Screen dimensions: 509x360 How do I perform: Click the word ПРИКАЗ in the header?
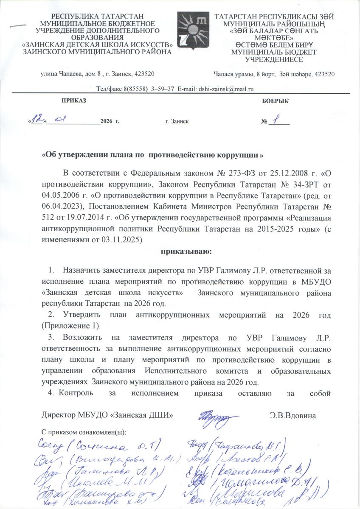point(73,101)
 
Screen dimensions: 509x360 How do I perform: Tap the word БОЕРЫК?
point(275,101)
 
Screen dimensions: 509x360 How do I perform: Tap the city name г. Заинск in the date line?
point(177,122)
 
